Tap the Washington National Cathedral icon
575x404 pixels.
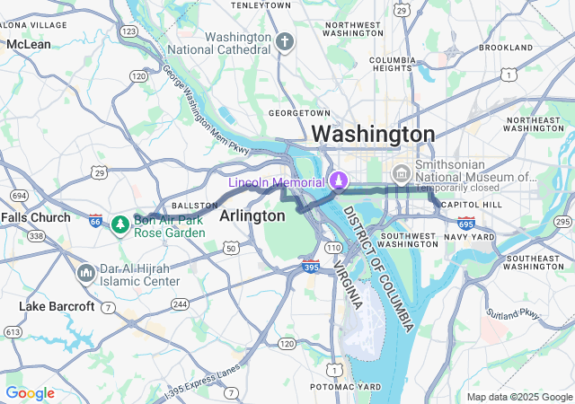click(x=285, y=42)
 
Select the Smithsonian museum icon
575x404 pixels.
click(x=401, y=171)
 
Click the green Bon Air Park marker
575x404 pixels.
click(x=119, y=223)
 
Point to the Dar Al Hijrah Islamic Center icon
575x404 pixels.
click(x=87, y=272)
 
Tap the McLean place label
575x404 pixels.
click(x=28, y=43)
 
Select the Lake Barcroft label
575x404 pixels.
click(x=57, y=306)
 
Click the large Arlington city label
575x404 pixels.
click(x=252, y=215)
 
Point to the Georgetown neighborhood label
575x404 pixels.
click(x=299, y=113)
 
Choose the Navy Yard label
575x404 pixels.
click(x=469, y=236)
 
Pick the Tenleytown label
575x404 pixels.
click(x=261, y=5)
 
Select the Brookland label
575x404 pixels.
click(x=506, y=47)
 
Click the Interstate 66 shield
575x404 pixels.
click(x=95, y=220)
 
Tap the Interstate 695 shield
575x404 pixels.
click(x=465, y=223)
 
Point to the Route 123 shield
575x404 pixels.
click(x=128, y=31)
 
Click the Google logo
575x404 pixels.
click(x=30, y=393)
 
